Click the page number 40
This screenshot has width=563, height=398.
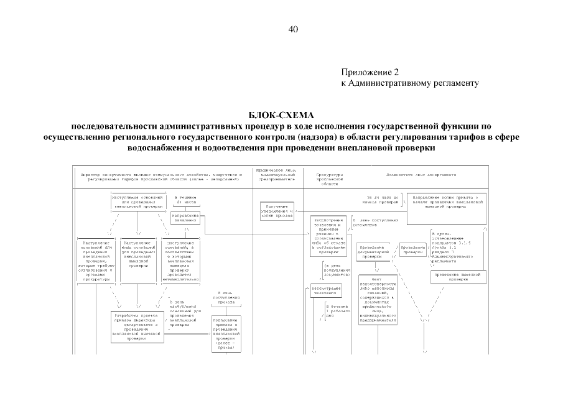[294, 29]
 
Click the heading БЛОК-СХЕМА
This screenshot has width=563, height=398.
[281, 116]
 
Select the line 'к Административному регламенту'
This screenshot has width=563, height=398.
[409, 83]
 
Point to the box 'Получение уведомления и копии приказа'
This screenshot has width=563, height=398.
[277, 211]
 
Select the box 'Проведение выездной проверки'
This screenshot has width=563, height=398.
[458, 276]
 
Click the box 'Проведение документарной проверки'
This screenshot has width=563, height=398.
[375, 251]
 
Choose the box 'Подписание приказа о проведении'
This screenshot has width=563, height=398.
[228, 333]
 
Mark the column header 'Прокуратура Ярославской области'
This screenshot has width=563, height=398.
[329, 178]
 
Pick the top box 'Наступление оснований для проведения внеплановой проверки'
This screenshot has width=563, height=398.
[137, 203]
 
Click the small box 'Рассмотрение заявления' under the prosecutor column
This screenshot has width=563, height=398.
[322, 290]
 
